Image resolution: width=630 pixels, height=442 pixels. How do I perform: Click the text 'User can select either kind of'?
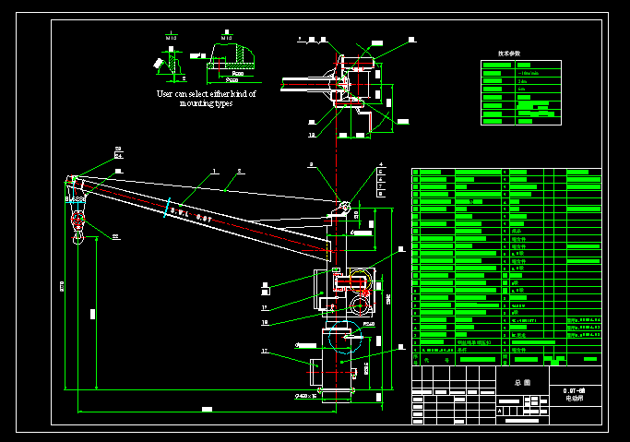(x=206, y=93)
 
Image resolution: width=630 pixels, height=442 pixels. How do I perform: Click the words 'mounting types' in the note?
(x=206, y=103)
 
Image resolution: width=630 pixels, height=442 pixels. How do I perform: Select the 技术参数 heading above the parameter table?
(x=509, y=54)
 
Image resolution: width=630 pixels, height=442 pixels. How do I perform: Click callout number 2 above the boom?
(x=239, y=171)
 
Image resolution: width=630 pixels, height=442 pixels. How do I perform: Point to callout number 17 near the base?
(x=265, y=351)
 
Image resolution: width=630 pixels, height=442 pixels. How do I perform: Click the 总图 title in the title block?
(x=523, y=381)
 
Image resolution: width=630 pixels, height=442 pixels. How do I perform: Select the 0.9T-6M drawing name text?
(x=575, y=391)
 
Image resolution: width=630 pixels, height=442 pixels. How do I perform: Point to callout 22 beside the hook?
(x=116, y=236)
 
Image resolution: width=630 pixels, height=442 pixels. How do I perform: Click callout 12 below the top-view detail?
(x=312, y=135)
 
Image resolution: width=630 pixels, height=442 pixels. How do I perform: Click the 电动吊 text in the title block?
(x=575, y=400)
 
